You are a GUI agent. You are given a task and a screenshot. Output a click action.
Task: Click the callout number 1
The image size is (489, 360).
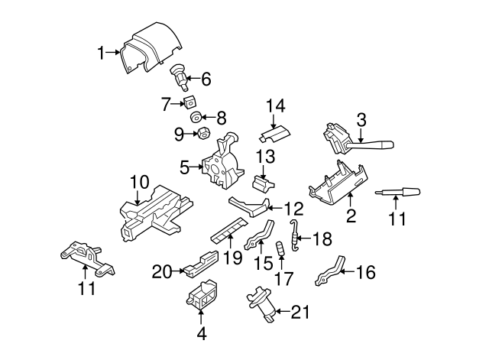101,53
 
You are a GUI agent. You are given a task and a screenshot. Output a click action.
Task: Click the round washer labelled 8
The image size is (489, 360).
196,117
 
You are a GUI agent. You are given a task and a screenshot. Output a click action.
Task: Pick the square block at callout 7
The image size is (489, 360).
189,102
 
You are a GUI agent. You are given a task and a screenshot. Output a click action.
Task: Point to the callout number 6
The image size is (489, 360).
206,79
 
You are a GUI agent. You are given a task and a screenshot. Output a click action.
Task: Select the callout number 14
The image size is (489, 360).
275,106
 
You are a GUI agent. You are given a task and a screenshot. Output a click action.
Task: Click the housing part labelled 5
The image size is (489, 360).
222,162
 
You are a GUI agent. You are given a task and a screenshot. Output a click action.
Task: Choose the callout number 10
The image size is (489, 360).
139,182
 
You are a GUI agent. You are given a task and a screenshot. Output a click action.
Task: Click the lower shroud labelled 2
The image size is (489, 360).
337,184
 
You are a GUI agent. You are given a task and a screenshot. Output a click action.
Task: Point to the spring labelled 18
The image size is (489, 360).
295,235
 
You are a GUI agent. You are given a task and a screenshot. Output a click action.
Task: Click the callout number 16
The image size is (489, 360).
365,272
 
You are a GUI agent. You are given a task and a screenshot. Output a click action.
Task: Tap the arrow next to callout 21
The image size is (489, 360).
283,311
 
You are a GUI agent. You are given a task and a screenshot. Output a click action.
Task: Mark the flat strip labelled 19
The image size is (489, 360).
229,231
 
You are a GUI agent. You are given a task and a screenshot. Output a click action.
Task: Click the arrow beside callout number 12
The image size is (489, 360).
275,207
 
